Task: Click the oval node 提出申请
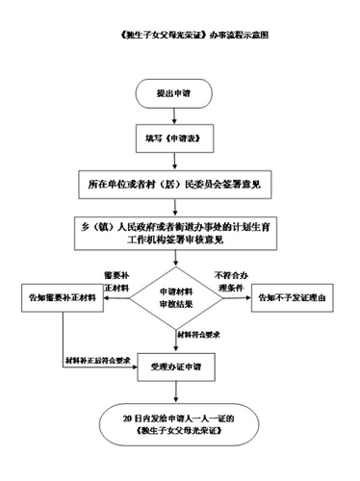click(x=180, y=93)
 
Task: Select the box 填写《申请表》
click(x=180, y=138)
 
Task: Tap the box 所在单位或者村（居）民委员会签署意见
click(x=180, y=183)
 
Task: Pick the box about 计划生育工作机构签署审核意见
click(x=180, y=231)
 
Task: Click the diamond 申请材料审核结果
click(x=180, y=298)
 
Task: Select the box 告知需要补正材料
click(x=62, y=298)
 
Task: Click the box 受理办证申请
click(x=180, y=367)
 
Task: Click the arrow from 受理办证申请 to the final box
click(x=180, y=392)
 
